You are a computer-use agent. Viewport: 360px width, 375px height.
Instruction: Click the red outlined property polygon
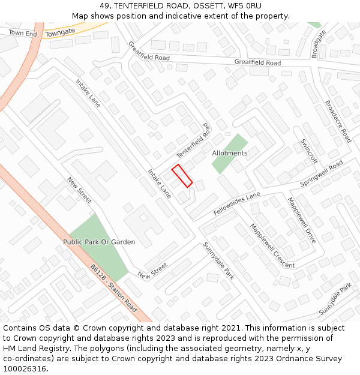pyautogui.click(x=182, y=176)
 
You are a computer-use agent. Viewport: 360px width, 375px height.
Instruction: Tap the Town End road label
pyautogui.click(x=23, y=34)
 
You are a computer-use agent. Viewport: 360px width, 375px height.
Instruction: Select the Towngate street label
pyautogui.click(x=60, y=32)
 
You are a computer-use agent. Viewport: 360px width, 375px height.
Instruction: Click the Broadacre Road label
pyautogui.click(x=337, y=121)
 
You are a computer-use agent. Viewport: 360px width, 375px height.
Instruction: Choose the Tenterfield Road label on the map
pyautogui.click(x=195, y=142)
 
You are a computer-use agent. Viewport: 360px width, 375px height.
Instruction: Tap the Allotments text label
pyautogui.click(x=229, y=153)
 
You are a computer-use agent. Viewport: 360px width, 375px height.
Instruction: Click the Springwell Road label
pyautogui.click(x=322, y=173)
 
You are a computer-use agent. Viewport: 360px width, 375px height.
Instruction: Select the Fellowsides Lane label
pyautogui.click(x=236, y=204)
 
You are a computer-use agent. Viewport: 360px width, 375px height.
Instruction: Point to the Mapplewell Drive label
pyautogui.click(x=301, y=220)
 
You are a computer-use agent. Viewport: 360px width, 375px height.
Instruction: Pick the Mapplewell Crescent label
pyautogui.click(x=272, y=246)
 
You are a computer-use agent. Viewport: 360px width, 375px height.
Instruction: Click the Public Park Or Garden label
pyautogui.click(x=99, y=242)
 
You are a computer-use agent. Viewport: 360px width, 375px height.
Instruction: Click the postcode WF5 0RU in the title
pyautogui.click(x=245, y=5)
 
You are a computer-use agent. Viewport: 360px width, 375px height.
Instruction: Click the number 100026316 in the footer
pyautogui.click(x=25, y=369)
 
